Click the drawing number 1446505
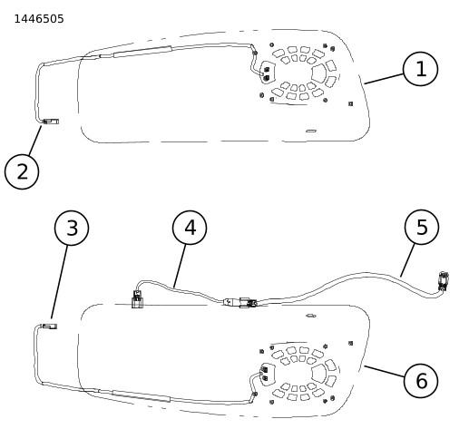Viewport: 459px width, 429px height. coord(39,19)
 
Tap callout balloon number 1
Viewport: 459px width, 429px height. coord(420,69)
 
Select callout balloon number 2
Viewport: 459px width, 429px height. coord(22,171)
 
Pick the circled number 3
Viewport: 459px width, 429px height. coord(72,228)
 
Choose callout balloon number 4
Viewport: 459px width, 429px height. coord(190,228)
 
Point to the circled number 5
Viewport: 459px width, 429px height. coord(422,227)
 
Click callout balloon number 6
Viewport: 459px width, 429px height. coord(421,380)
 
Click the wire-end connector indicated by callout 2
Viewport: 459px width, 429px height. coord(51,122)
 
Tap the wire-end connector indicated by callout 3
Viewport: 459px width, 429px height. coord(49,327)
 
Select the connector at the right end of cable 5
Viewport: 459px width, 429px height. coord(444,281)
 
